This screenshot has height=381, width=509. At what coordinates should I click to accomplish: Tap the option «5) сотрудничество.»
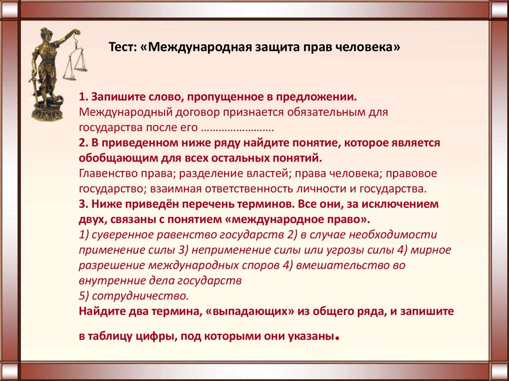click(134, 297)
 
